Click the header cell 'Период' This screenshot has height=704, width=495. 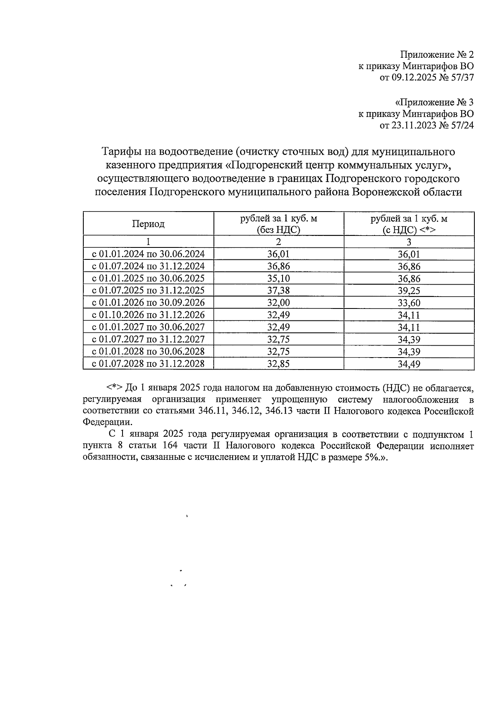coord(148,224)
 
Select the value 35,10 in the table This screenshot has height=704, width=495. coord(278,278)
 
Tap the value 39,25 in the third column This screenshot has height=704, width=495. coord(409,291)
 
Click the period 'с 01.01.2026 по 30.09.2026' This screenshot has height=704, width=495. coord(148,303)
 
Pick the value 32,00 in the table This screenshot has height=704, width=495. coord(278,303)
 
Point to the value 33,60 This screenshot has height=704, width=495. coord(409,303)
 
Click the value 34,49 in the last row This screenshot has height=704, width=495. coord(409,364)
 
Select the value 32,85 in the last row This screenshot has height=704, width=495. coord(278,364)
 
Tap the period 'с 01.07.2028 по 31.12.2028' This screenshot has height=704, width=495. coord(148,364)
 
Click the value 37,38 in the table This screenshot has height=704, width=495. coord(278,291)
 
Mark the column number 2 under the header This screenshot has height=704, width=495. coord(278,242)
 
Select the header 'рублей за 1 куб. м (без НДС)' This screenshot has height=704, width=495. coord(278,224)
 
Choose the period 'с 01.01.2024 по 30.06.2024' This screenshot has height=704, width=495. coord(148,254)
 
